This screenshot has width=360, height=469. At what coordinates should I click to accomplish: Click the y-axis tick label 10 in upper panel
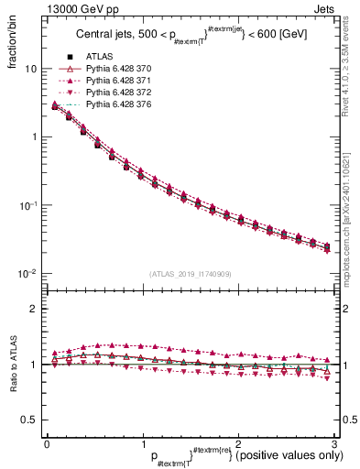pyautogui.click(x=30, y=69)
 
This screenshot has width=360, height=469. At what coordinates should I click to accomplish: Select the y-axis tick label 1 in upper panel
pyautogui.click(x=34, y=136)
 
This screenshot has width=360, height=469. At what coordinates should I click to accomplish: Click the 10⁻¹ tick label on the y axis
pyautogui.click(x=28, y=204)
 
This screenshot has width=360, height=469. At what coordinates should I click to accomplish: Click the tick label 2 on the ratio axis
pyautogui.click(x=34, y=309)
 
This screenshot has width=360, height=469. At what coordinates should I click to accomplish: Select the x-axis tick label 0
pyautogui.click(x=47, y=443)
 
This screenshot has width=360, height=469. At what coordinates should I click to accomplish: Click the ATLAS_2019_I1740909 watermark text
pyautogui.click(x=190, y=274)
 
